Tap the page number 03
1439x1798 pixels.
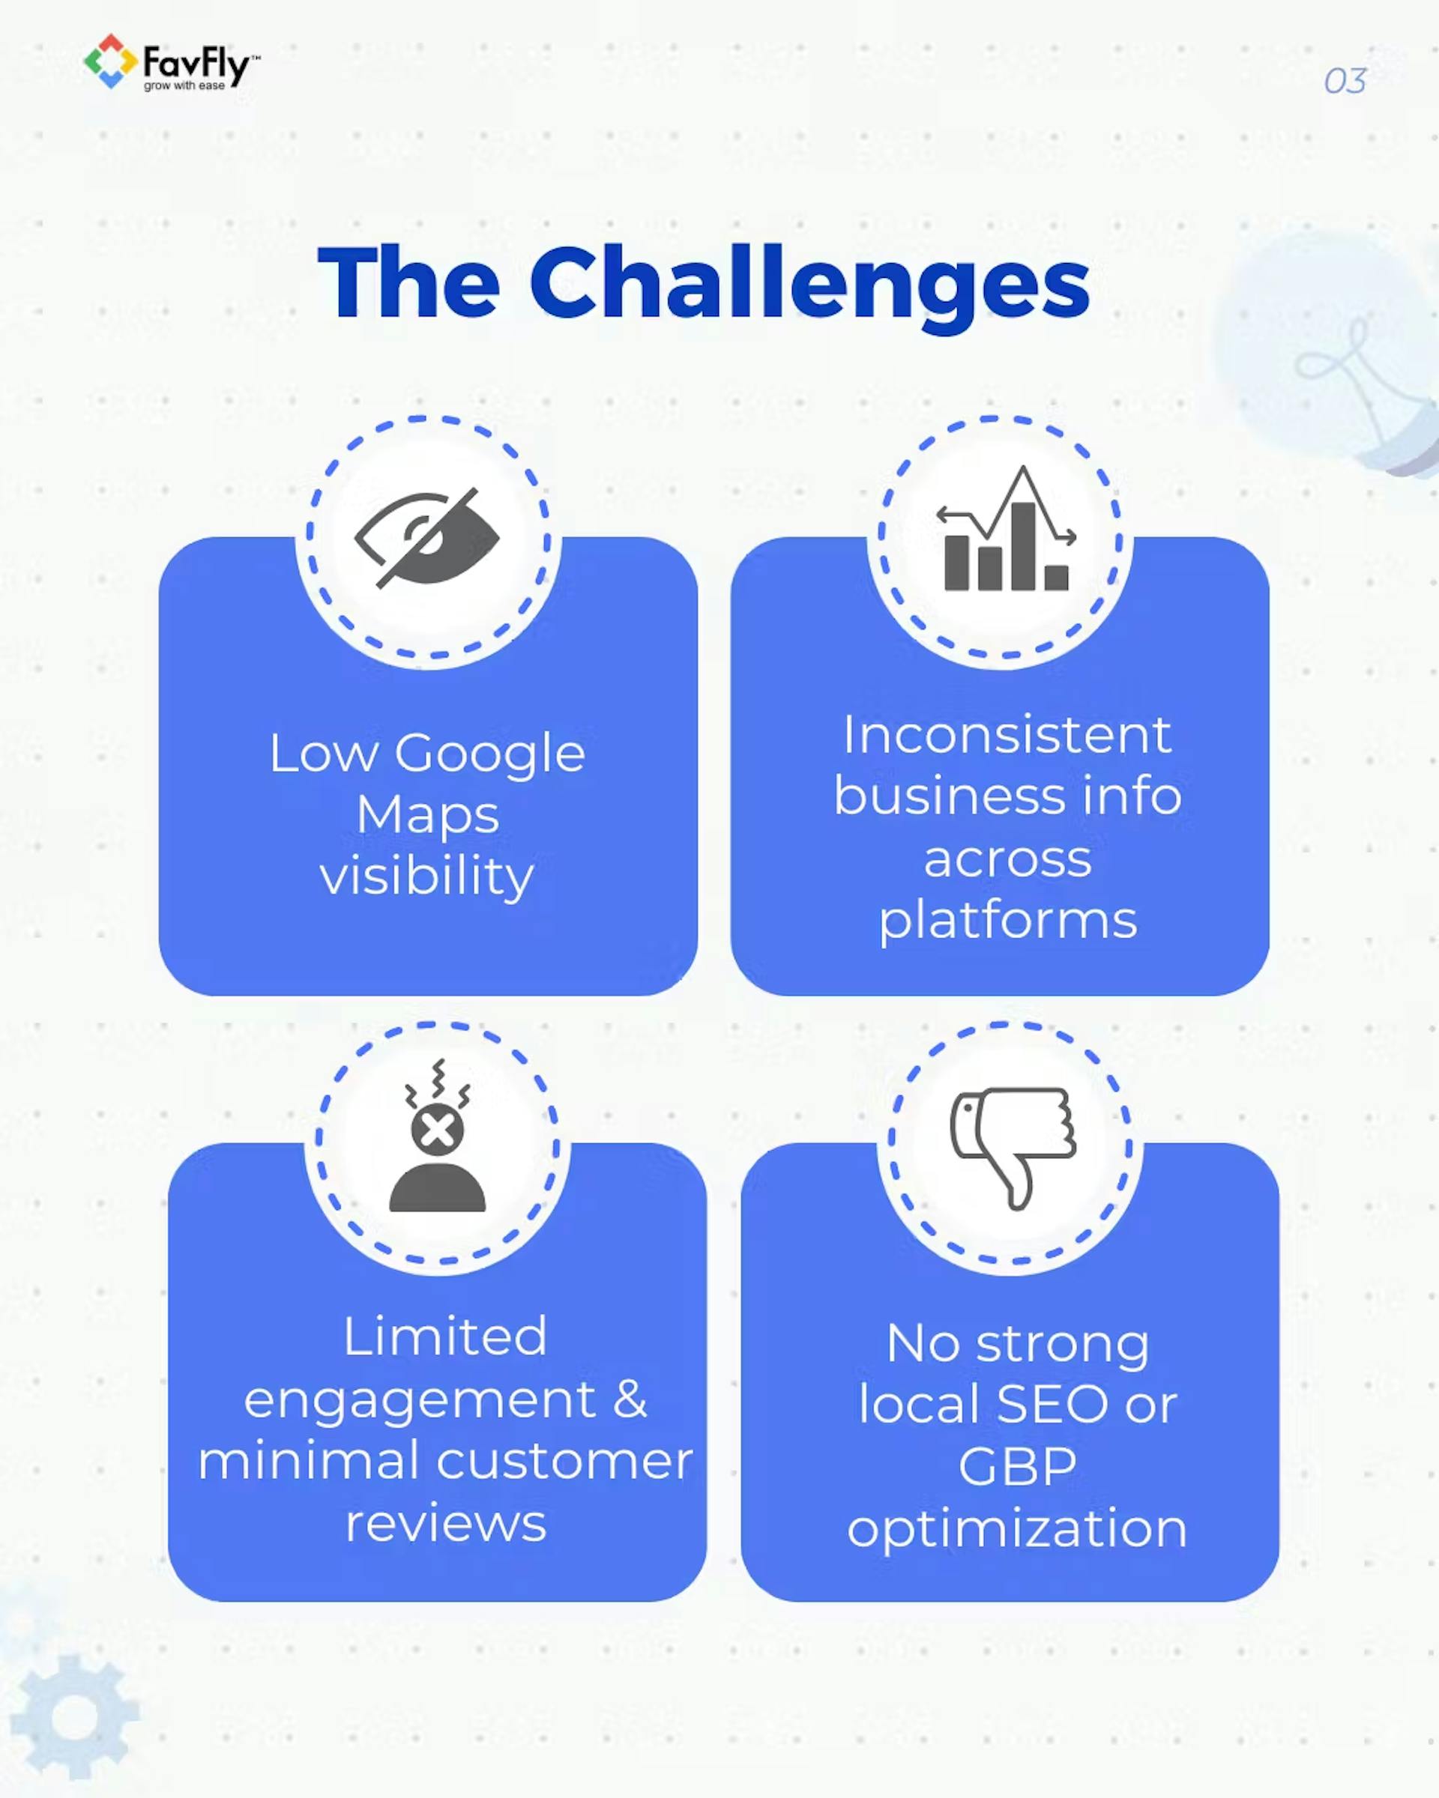1344,82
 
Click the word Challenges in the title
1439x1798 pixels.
809,283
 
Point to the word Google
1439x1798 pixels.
489,754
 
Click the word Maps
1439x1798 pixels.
427,815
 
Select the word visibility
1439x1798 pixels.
427,877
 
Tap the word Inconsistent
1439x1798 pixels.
1007,736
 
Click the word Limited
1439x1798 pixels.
444,1336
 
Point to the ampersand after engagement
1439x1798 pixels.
630,1399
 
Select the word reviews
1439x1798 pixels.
445,1523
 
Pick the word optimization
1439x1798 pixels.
1017,1528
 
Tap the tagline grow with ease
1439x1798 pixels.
184,86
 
